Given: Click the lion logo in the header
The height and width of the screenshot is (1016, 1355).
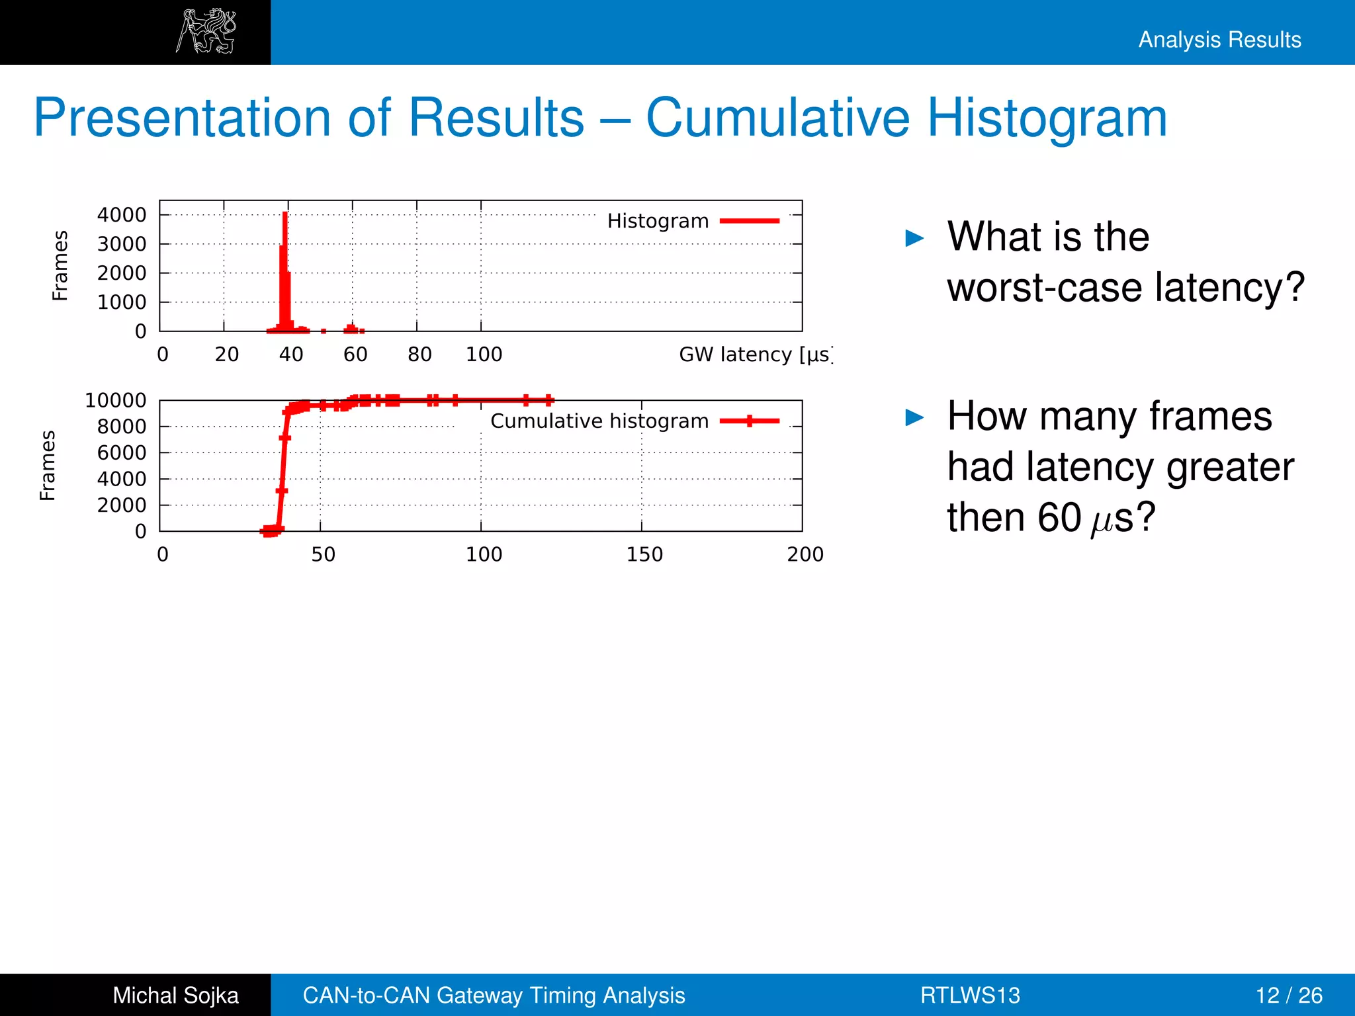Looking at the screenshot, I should click(206, 31).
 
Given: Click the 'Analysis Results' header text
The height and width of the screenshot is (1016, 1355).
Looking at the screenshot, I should click(1219, 40).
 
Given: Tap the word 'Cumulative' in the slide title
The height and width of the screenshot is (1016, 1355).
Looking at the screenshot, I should click(778, 118).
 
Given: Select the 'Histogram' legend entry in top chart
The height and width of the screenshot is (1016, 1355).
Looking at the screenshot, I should click(658, 221).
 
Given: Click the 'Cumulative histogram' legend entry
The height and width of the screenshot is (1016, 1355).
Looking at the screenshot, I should click(599, 421).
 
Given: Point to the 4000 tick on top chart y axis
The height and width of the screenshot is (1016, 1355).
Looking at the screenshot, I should click(122, 215).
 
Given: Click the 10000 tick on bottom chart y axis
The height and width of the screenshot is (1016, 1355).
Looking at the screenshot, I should click(116, 400).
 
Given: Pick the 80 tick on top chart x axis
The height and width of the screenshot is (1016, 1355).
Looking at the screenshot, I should click(419, 355).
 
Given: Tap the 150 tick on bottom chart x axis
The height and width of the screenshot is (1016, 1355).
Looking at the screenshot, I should click(644, 554).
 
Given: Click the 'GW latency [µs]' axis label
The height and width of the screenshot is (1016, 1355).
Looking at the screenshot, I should click(754, 355).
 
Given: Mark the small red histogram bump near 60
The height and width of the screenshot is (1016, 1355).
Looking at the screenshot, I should click(351, 328).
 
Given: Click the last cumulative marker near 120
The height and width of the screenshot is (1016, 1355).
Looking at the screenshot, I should click(548, 400).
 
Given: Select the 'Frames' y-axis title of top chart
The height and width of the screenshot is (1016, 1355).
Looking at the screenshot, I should click(60, 265).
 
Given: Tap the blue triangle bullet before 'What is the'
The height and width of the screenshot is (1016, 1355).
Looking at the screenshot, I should click(914, 238).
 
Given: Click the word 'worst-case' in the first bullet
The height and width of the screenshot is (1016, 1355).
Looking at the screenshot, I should click(1045, 288).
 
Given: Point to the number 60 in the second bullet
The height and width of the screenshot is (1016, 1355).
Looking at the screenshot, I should click(1059, 517).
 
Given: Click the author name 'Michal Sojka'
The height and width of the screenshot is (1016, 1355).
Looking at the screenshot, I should click(175, 995).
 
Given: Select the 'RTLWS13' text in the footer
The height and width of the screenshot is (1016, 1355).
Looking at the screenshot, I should click(970, 995).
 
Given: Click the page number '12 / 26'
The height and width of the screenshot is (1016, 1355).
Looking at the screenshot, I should click(1289, 995).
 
